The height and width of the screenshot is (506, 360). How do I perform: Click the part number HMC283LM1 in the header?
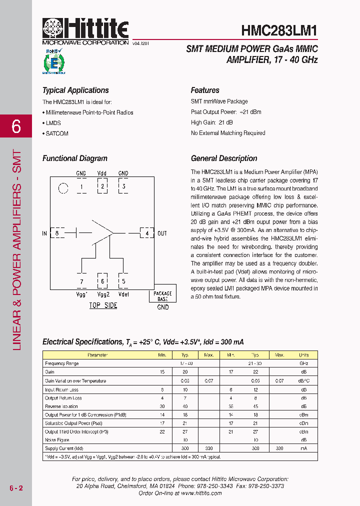coord(279,30)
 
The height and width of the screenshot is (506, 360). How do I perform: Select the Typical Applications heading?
coord(75,90)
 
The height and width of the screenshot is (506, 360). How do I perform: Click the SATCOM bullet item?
coord(56,133)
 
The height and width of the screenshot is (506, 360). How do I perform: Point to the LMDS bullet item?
coord(53,123)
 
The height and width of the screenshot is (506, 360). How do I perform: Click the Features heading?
coord(205,90)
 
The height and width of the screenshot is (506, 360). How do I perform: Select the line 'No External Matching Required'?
coord(228,133)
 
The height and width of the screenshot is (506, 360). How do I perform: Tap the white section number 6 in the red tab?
coord(16,127)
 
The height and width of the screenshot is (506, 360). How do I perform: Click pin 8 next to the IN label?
coord(57,233)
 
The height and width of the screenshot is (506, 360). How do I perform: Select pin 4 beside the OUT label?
coord(146,233)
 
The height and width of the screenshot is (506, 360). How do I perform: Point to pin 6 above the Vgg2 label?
coord(102,281)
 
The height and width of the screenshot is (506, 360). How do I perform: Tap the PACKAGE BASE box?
coord(162,296)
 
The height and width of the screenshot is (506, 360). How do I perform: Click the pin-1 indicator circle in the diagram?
coord(63,188)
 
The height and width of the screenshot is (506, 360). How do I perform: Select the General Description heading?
coord(224,158)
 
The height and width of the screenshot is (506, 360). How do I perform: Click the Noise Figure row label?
coord(57,440)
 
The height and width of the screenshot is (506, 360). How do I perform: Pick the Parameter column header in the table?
coord(97,355)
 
